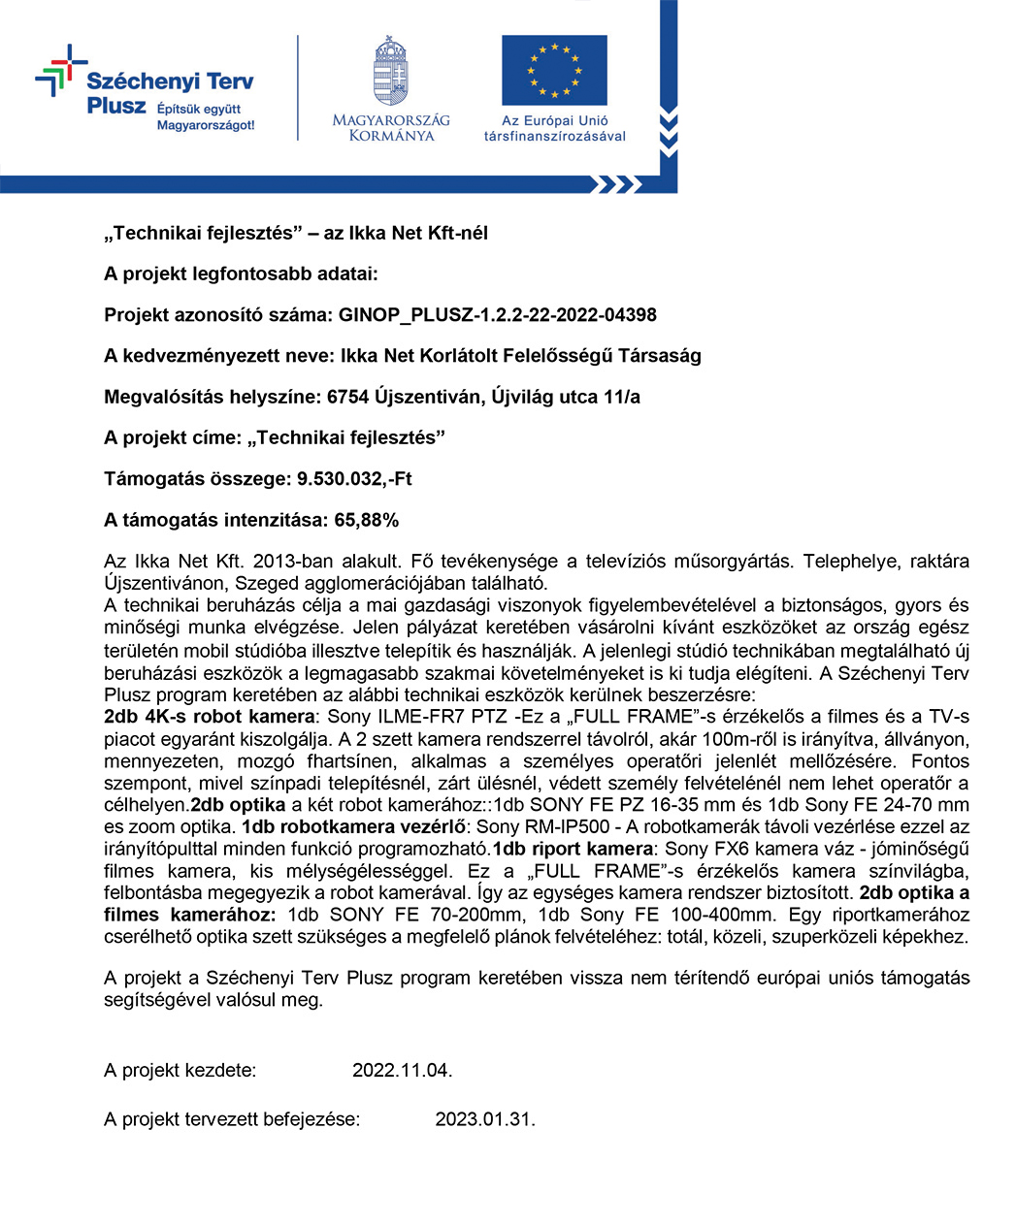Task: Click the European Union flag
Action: point(554,71)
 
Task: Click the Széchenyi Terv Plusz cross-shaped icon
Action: point(60,70)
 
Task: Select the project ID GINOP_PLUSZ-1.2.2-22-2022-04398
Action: point(497,315)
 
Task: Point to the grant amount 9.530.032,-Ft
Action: point(354,479)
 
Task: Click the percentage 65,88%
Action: point(366,520)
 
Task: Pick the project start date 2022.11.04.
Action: point(402,1071)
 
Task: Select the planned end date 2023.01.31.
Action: point(484,1119)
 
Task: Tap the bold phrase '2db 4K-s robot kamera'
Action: point(209,717)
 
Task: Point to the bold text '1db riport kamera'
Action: point(572,849)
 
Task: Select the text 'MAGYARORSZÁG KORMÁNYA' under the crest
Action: point(391,128)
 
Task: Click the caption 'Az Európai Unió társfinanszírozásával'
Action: point(555,128)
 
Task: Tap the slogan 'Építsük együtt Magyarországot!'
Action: point(206,117)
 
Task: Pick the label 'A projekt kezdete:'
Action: point(180,1071)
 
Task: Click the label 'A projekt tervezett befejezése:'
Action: point(232,1119)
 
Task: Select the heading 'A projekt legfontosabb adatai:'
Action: point(241,274)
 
